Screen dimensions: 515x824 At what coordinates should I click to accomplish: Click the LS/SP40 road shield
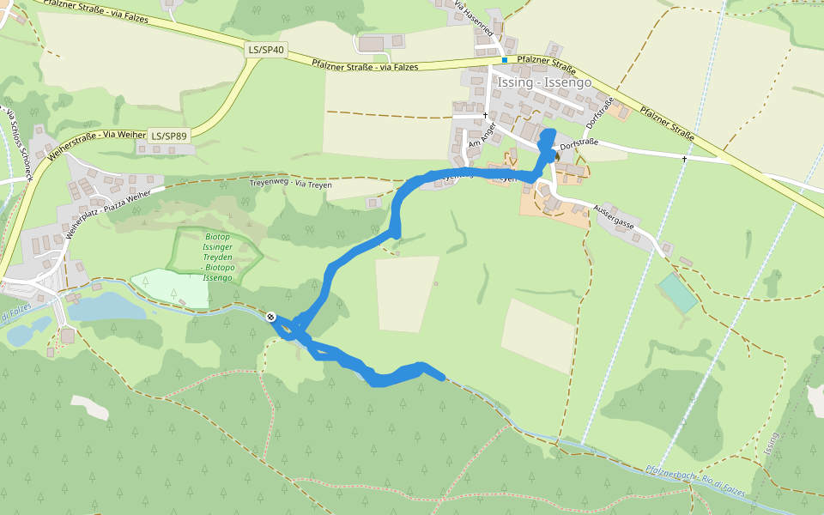266,50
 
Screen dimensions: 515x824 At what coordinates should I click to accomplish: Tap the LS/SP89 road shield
168,136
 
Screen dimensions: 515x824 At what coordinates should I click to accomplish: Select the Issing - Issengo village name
544,83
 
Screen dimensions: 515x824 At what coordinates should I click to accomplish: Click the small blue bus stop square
504,60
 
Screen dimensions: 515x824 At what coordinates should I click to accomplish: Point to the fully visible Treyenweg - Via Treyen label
290,183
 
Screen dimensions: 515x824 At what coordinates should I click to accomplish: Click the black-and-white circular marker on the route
271,317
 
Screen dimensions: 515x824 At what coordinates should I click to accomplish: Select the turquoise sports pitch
678,294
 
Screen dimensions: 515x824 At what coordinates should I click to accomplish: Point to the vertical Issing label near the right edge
772,444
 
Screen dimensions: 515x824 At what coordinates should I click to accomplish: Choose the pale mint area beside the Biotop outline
170,288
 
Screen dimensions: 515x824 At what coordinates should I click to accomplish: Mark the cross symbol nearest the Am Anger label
485,115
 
